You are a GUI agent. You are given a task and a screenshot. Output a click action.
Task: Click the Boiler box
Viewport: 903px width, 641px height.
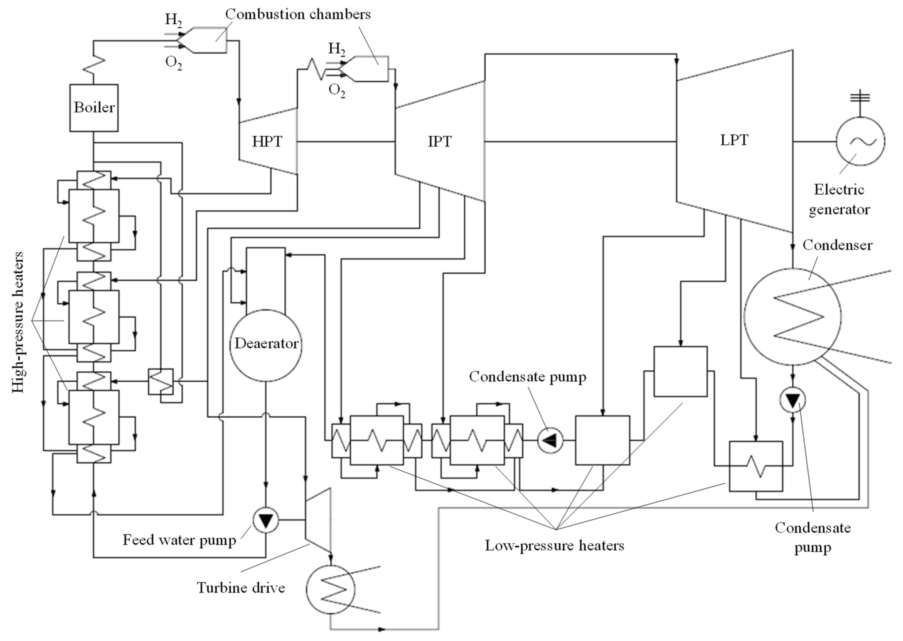pyautogui.click(x=94, y=107)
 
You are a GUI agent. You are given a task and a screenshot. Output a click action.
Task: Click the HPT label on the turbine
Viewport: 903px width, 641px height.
pyautogui.click(x=267, y=141)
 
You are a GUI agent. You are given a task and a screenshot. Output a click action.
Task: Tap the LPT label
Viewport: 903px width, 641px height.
pyautogui.click(x=734, y=140)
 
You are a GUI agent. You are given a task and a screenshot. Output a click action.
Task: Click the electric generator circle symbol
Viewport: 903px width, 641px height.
pyautogui.click(x=860, y=141)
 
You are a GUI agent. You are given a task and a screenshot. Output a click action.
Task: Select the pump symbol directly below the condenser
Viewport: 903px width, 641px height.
pyautogui.click(x=793, y=400)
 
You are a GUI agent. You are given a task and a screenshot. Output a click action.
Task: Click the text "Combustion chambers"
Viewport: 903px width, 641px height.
pyautogui.click(x=298, y=14)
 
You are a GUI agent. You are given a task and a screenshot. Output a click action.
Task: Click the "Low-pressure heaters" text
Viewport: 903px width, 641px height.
pyautogui.click(x=554, y=546)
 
